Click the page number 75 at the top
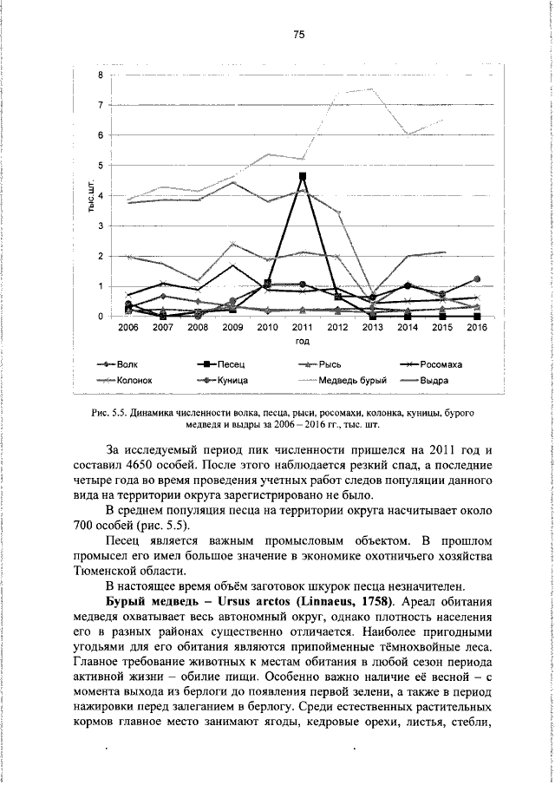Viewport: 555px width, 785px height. click(x=299, y=35)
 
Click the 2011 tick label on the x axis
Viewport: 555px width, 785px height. click(x=303, y=328)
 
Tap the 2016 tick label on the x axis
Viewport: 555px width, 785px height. click(x=477, y=328)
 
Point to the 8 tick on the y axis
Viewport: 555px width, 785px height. click(x=101, y=75)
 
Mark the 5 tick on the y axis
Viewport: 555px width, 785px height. click(x=101, y=166)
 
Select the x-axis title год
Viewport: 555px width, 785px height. click(x=303, y=342)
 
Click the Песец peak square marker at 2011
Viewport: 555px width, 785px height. click(x=303, y=176)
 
